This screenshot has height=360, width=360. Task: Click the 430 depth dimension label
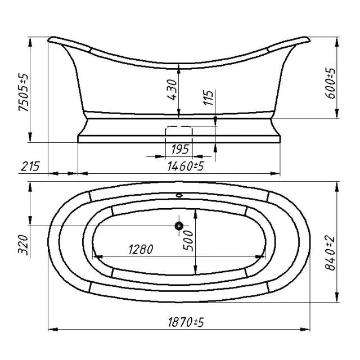[x=172, y=90]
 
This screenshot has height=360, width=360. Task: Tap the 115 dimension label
[x=209, y=97]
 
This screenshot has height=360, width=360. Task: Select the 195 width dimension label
[x=180, y=149]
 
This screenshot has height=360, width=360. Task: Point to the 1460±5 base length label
[x=186, y=166]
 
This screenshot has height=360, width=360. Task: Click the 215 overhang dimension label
[x=30, y=166]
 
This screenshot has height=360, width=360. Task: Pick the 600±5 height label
[x=331, y=83]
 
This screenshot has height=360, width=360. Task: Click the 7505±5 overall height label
[x=24, y=92]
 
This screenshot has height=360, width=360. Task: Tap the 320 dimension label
[x=23, y=245]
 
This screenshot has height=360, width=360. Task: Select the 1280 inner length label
[x=141, y=249]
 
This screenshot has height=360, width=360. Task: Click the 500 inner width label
[x=188, y=241]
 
